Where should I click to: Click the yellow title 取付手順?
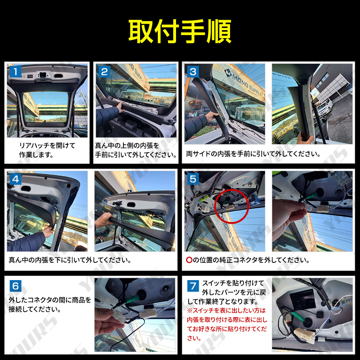180,31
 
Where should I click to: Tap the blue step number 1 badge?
15,72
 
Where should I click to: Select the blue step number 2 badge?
104,72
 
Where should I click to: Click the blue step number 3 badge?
193,72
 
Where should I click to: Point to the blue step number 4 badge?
15,179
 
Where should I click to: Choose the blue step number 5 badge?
193,179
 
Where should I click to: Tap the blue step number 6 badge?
15,286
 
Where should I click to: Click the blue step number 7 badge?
193,286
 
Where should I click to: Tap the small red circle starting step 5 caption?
189,260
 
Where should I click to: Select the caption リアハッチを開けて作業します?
47,150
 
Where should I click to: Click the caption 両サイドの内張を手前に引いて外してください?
253,154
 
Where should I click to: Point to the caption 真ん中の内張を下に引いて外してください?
70,260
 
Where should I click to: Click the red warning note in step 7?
227,324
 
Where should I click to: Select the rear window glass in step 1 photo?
46,107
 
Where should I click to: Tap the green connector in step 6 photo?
132,299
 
